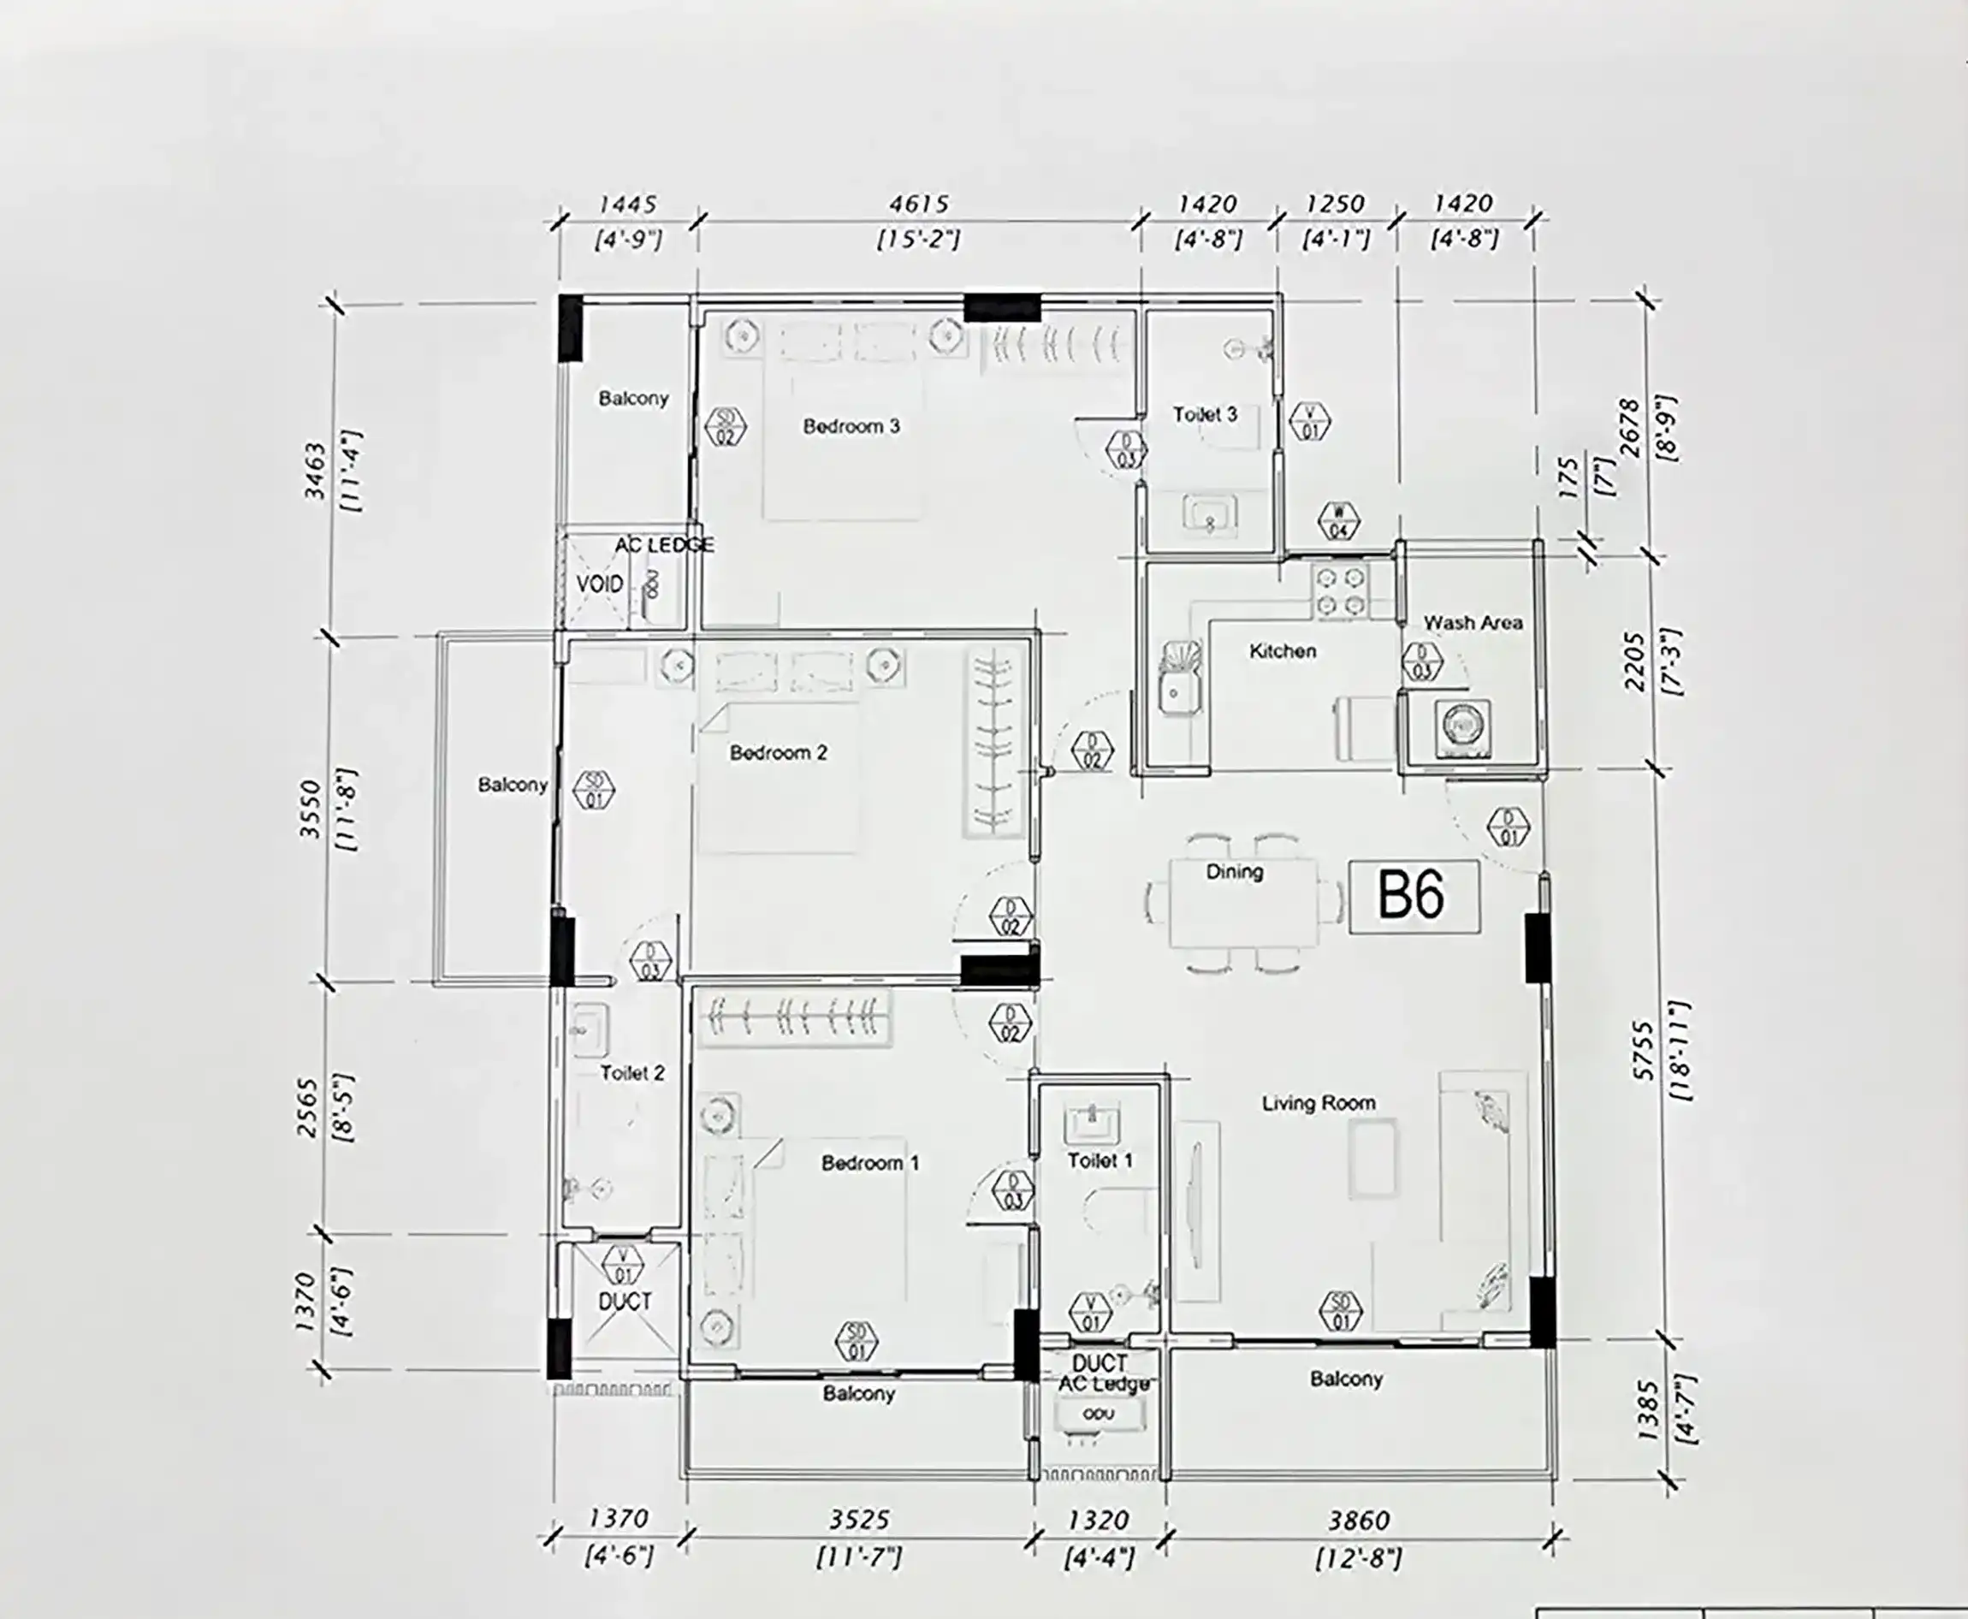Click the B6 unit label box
pyautogui.click(x=1413, y=895)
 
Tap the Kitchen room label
pyautogui.click(x=1283, y=651)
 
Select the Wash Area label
pyautogui.click(x=1472, y=622)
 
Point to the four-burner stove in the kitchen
pyautogui.click(x=1340, y=591)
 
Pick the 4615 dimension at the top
pyautogui.click(x=919, y=204)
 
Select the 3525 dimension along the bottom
pyautogui.click(x=859, y=1520)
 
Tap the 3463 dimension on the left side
pyautogui.click(x=315, y=470)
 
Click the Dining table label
pyautogui.click(x=1234, y=872)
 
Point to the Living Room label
pyautogui.click(x=1318, y=1103)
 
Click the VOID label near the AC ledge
pyautogui.click(x=599, y=584)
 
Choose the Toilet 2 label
pyautogui.click(x=631, y=1073)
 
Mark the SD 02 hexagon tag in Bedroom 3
pyautogui.click(x=726, y=426)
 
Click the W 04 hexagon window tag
pyautogui.click(x=1339, y=521)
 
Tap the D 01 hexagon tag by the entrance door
pyautogui.click(x=1509, y=827)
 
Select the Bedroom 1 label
pyautogui.click(x=869, y=1163)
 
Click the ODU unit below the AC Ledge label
pyautogui.click(x=1098, y=1414)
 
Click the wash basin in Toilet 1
pyautogui.click(x=1092, y=1123)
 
